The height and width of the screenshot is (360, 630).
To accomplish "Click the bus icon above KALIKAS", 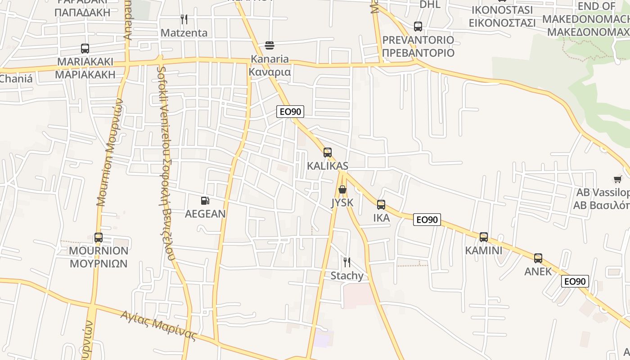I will click(327, 153).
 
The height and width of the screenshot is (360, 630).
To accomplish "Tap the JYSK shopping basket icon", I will click(342, 189).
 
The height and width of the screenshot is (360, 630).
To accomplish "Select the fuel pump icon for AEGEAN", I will click(205, 200).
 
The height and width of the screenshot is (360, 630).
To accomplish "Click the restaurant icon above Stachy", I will click(346, 262).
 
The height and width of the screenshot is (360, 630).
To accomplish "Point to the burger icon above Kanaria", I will click(270, 45).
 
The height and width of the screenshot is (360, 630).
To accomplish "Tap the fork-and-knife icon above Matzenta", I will click(184, 19).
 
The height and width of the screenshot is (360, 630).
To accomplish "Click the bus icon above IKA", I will click(381, 205).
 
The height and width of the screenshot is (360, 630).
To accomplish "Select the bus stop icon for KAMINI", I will click(483, 237).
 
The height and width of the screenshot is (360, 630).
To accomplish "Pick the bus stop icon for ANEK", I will click(538, 258).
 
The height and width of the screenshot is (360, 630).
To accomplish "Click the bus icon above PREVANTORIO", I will click(418, 27).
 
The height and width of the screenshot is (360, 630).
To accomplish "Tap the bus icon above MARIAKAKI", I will click(85, 49).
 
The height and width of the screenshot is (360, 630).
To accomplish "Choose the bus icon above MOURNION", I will click(98, 238).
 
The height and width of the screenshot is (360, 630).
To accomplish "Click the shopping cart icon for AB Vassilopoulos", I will click(617, 180).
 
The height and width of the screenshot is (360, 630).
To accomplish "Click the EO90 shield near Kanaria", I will click(290, 112).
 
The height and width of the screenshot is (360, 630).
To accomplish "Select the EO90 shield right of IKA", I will click(427, 220).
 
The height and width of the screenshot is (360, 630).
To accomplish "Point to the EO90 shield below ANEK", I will click(575, 282).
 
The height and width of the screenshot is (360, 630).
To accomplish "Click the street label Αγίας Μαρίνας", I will click(159, 325).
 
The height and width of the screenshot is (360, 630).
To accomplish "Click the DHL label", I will click(430, 4).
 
